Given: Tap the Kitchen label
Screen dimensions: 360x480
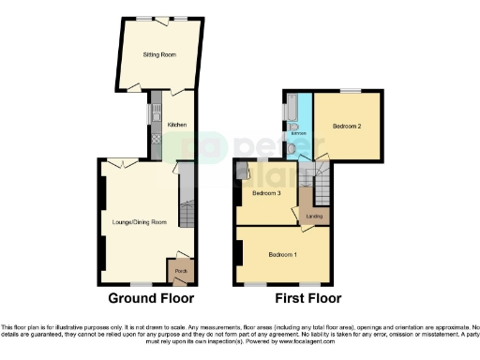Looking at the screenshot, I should point(177,125).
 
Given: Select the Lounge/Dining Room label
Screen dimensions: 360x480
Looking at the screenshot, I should point(139,222).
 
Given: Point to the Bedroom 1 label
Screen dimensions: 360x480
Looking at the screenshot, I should point(282,255).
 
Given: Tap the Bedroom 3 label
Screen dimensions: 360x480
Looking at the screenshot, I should point(267,193).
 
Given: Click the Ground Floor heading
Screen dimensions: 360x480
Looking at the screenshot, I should point(151,300).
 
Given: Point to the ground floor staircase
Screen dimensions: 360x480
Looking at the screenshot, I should point(185,208).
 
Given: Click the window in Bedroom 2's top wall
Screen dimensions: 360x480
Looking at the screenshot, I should point(350,90).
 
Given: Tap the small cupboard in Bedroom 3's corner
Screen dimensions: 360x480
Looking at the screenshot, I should point(242,170).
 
